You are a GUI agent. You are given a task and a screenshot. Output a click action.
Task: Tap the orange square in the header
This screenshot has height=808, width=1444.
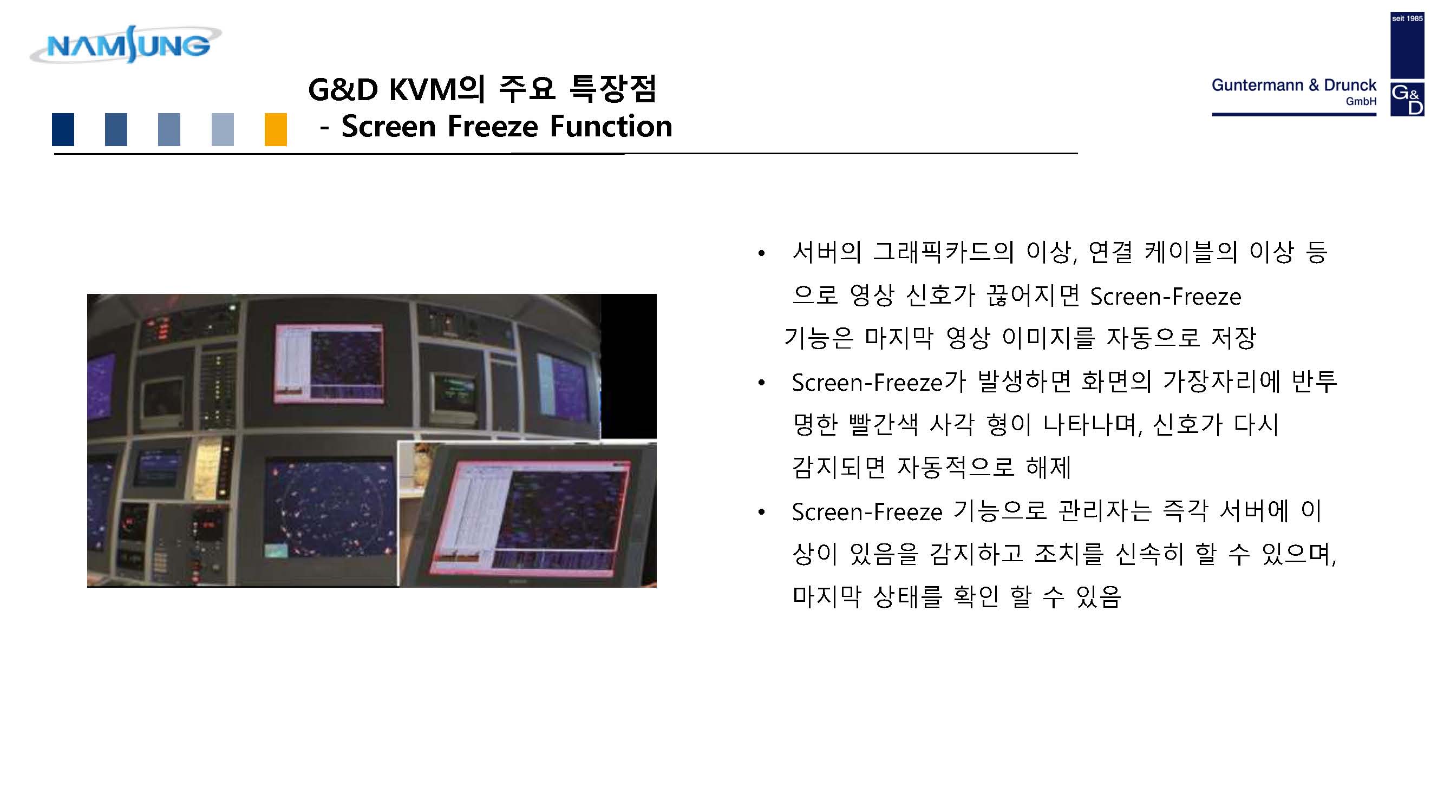click(275, 129)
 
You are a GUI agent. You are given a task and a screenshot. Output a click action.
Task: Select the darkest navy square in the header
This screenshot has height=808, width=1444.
click(63, 129)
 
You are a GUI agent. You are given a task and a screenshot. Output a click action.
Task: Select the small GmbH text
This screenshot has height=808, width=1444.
click(1361, 101)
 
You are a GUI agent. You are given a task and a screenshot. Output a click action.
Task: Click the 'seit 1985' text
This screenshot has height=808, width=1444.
click(1407, 18)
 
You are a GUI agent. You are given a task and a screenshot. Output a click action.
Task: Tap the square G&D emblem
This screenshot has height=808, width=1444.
click(1407, 99)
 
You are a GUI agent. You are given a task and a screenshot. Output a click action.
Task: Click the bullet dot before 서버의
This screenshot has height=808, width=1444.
click(761, 253)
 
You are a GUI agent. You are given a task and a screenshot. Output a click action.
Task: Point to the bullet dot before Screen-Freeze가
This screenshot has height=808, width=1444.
click(761, 383)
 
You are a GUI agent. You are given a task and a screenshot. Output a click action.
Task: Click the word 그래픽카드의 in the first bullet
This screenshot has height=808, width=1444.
click(943, 252)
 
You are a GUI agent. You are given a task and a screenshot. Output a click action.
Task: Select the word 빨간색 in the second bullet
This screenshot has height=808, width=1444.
click(884, 424)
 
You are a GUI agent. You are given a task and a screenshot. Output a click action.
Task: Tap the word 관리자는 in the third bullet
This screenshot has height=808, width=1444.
click(1104, 511)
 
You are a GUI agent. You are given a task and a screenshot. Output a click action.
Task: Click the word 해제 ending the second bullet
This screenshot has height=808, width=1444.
click(1048, 467)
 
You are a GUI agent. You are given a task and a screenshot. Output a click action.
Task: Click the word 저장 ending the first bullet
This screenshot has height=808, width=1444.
click(1233, 337)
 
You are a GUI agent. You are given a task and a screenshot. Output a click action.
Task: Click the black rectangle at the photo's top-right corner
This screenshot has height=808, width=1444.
click(629, 366)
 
